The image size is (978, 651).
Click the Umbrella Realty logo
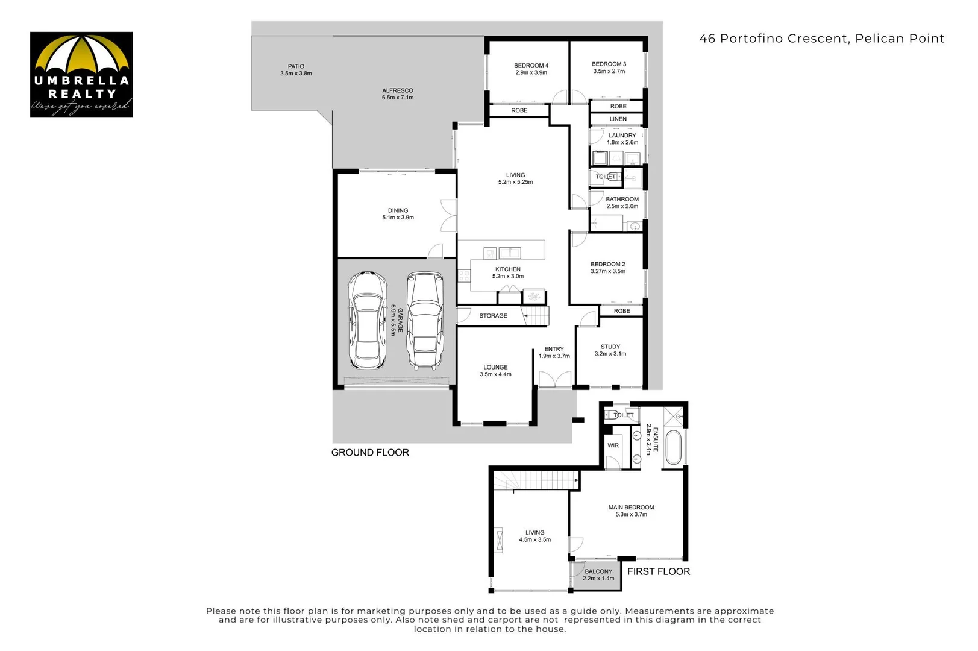point(81,74)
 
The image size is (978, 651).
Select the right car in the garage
point(425,320)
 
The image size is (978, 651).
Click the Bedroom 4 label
point(531,66)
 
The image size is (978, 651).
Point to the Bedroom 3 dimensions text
point(609,71)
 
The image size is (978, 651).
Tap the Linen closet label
point(618,119)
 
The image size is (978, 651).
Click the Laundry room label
point(622,136)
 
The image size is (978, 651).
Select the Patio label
point(296,66)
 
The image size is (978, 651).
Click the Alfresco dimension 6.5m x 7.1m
point(398,98)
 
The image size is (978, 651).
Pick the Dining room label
point(398,211)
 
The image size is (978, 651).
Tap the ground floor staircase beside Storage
point(536,315)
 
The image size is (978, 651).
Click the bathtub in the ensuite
point(674,448)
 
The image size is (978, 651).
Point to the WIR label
point(613,445)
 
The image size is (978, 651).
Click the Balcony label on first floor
point(598,571)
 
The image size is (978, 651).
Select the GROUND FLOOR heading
point(370,453)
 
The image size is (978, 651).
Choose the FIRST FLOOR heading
point(659,571)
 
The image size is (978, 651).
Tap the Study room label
point(610,347)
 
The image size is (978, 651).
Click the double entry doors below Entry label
point(554,379)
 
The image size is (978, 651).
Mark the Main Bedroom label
point(631,508)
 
